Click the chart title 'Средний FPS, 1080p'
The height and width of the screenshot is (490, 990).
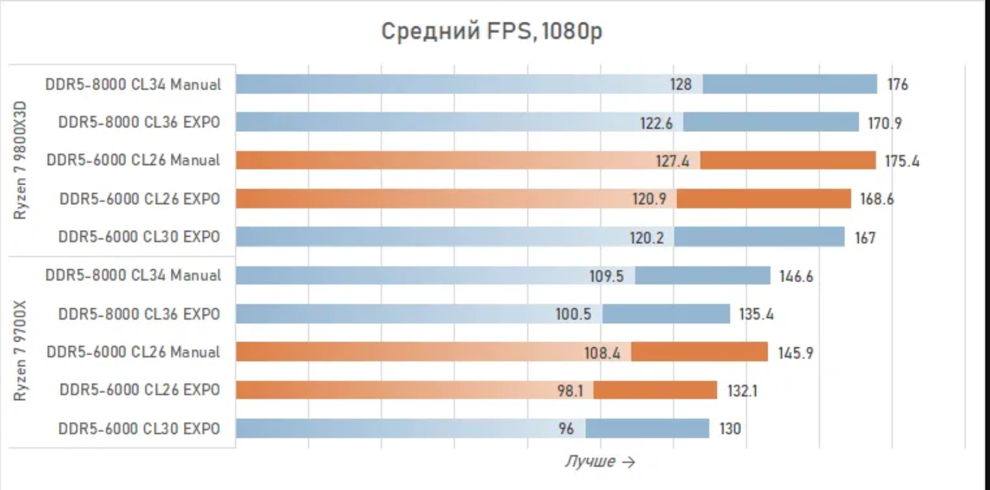[x=491, y=31]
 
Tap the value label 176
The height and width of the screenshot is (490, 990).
[x=897, y=85]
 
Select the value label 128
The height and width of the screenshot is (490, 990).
[x=680, y=85]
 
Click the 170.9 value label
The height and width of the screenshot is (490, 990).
[x=884, y=123]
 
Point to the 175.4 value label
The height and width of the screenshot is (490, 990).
[x=901, y=161]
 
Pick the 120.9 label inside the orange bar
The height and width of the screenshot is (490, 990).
[x=649, y=199]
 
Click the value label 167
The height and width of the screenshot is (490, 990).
[x=865, y=238]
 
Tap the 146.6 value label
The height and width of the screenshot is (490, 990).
[x=796, y=276]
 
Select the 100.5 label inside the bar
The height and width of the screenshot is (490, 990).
[x=572, y=314]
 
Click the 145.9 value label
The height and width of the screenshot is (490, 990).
[x=795, y=353]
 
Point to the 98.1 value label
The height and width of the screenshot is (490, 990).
[x=570, y=391]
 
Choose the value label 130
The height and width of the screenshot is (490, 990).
[x=730, y=428]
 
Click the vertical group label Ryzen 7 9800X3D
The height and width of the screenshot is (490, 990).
[x=20, y=160]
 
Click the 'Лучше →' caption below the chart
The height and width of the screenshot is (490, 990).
[x=599, y=462]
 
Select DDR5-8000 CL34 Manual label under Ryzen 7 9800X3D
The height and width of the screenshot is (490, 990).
[x=133, y=85]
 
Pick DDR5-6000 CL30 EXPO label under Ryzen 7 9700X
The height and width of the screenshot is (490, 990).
[x=139, y=428]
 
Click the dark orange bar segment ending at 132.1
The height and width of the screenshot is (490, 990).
[x=655, y=390]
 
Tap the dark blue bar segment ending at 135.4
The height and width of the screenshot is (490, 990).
[x=666, y=314]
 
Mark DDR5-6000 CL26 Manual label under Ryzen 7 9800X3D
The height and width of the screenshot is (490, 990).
[x=133, y=160]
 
